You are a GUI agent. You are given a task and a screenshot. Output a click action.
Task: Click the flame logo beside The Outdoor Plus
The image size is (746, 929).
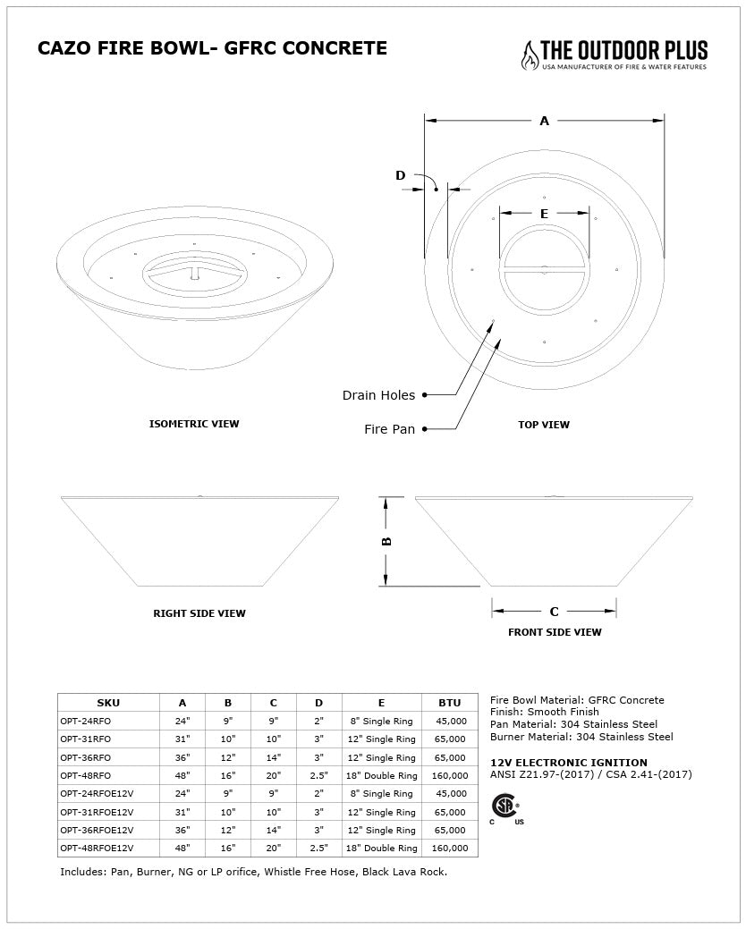tap(530, 55)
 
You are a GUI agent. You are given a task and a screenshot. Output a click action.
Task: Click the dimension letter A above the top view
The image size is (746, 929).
tap(544, 121)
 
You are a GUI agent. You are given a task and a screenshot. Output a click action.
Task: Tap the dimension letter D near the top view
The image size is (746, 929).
tap(400, 175)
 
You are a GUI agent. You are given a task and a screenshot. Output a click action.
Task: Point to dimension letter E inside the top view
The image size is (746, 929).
tap(544, 214)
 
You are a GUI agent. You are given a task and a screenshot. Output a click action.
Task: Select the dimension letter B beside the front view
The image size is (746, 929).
tap(387, 541)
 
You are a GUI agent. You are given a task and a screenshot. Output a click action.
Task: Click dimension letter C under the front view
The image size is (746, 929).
tap(554, 612)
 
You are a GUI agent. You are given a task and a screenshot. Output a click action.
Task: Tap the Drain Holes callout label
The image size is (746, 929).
tap(378, 395)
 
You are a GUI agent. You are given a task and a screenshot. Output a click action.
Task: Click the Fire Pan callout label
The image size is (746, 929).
tap(389, 429)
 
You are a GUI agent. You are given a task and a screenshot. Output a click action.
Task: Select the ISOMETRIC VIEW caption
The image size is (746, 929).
tap(194, 424)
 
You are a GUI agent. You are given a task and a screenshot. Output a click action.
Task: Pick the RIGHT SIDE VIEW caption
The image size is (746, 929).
tap(199, 613)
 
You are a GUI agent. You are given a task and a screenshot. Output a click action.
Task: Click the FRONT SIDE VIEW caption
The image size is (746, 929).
tap(555, 632)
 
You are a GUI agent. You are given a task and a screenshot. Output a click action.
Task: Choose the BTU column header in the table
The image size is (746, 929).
tap(450, 703)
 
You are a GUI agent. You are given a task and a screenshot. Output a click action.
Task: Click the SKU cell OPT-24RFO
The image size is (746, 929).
tap(86, 721)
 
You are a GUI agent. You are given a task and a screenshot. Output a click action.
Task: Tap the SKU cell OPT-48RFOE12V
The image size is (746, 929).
tap(97, 848)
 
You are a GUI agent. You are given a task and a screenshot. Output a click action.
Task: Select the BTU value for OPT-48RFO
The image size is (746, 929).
tap(450, 775)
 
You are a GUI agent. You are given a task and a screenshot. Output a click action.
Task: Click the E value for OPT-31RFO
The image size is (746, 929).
tap(381, 739)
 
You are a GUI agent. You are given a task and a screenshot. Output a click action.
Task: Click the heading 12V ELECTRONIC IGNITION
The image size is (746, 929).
tap(569, 763)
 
